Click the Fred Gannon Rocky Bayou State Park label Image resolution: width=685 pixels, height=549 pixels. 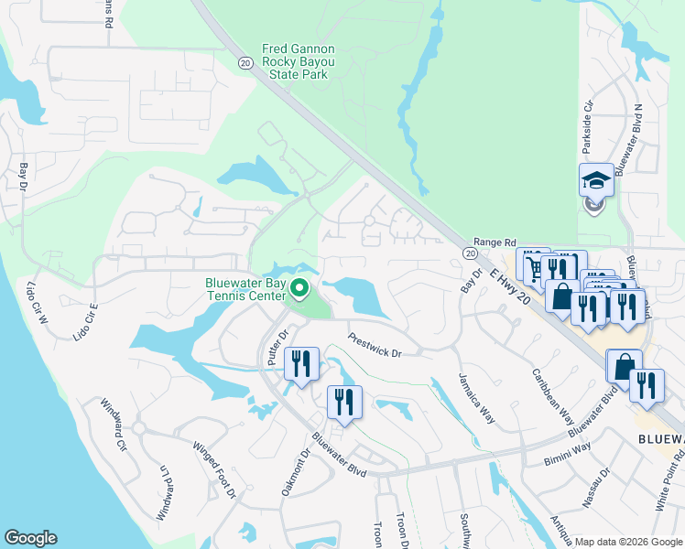tap(298, 61)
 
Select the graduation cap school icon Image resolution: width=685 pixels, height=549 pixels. tap(596, 180)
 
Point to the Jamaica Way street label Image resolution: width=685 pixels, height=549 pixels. tap(476, 398)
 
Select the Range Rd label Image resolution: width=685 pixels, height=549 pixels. tap(493, 241)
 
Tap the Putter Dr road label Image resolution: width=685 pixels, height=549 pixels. tap(277, 347)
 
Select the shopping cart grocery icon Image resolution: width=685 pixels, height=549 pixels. tap(532, 266)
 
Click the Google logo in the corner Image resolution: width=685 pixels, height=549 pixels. tap(29, 538)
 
